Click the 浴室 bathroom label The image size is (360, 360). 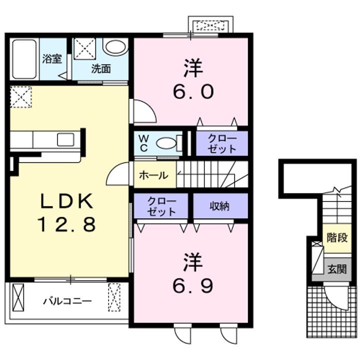pyautogui.click(x=52, y=58)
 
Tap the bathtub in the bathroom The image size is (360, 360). pyautogui.click(x=24, y=59)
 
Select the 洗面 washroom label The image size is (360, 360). pyautogui.click(x=100, y=68)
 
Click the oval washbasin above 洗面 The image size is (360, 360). pyautogui.click(x=115, y=48)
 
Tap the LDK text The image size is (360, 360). pyautogui.click(x=66, y=201)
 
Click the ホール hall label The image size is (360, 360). pyautogui.click(x=153, y=175)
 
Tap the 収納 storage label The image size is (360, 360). pyautogui.click(x=219, y=205)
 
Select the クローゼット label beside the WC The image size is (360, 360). pyautogui.click(x=221, y=143)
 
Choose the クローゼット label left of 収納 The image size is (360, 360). pyautogui.click(x=161, y=206)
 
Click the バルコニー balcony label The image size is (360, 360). pyautogui.click(x=67, y=301)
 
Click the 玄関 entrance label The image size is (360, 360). pyautogui.click(x=337, y=269)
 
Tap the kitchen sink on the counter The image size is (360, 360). pyautogui.click(x=65, y=139)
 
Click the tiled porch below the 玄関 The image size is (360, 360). pyautogui.click(x=330, y=315)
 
